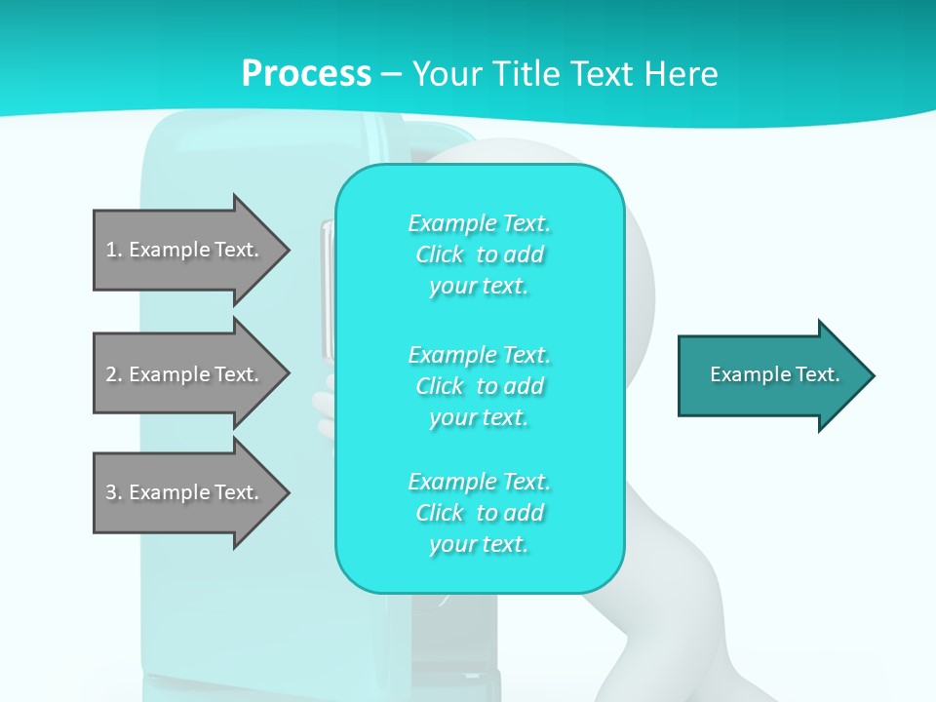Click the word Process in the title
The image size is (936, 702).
pyautogui.click(x=306, y=73)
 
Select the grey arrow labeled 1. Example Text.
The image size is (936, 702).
pyautogui.click(x=185, y=250)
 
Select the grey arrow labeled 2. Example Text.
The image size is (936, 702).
pyautogui.click(x=185, y=374)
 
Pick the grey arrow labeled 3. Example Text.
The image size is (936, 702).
pyautogui.click(x=185, y=492)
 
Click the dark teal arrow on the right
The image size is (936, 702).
pyautogui.click(x=770, y=375)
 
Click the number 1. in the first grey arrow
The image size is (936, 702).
pyautogui.click(x=113, y=250)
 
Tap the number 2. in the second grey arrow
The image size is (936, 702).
pyautogui.click(x=113, y=374)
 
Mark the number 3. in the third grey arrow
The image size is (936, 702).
pyautogui.click(x=113, y=492)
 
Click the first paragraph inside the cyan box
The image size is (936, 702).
pyautogui.click(x=479, y=254)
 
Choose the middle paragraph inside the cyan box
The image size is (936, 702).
pyautogui.click(x=479, y=385)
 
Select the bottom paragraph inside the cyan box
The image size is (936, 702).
pyautogui.click(x=479, y=512)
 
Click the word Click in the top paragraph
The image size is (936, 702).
pyautogui.click(x=440, y=254)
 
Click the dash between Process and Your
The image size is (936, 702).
pyautogui.click(x=391, y=74)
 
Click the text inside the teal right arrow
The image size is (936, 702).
pyautogui.click(x=774, y=374)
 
